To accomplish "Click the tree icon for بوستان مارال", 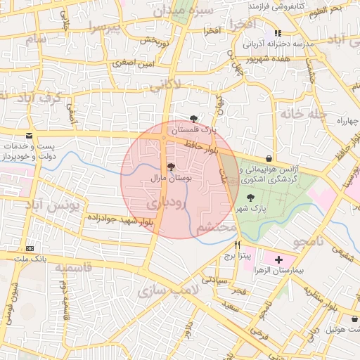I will pos(171,167).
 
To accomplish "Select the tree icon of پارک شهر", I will pos(251,198).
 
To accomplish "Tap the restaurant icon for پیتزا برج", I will pos(237,245).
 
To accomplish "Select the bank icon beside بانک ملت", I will pos(30,249).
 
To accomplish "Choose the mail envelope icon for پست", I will pos(29,134).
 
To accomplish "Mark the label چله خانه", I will pos(302,112).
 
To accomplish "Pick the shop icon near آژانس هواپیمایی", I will pos(270,158).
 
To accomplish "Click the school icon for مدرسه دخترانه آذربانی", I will pos(278,33).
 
